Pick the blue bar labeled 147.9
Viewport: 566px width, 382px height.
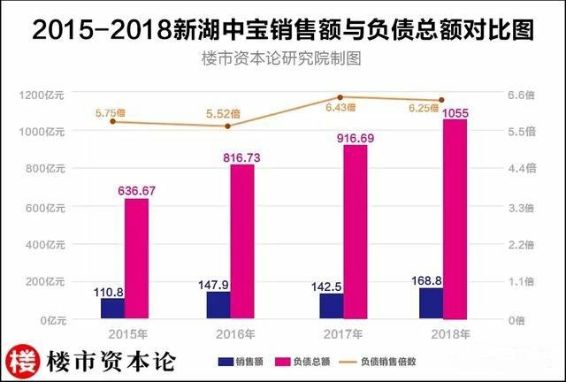[x=218, y=304]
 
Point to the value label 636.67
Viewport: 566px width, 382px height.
[x=136, y=189]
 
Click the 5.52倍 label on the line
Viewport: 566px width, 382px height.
[x=224, y=113]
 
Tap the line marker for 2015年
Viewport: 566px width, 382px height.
[x=113, y=121]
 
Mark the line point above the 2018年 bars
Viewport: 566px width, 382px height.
[x=441, y=101]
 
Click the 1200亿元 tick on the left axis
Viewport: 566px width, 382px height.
[x=43, y=95]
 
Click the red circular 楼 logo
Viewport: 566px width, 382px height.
[x=25, y=360]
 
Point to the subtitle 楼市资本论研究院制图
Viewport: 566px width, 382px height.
[x=282, y=60]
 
